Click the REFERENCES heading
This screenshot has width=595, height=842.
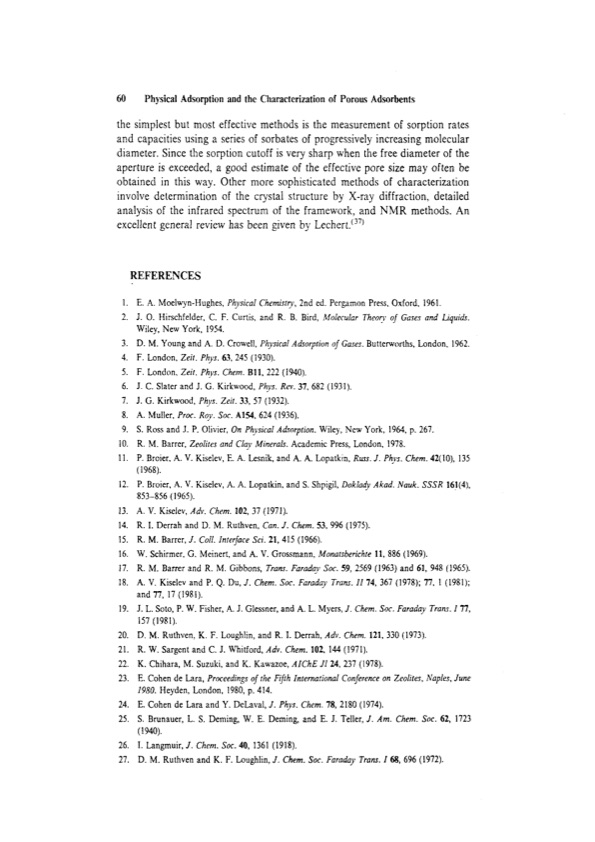pos(166,275)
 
